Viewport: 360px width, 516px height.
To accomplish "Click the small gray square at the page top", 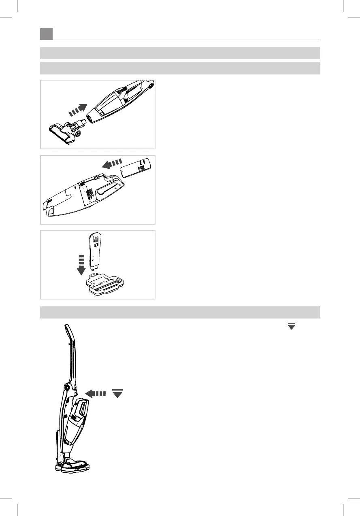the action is click(47, 34).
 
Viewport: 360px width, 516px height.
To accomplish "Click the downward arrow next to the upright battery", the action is click(81, 265).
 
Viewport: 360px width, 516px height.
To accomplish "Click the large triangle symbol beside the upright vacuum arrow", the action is click(117, 393).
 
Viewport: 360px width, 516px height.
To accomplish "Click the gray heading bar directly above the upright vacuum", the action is click(180, 312).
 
